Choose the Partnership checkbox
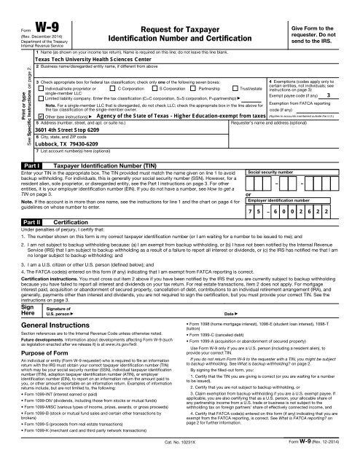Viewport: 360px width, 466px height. tap(196, 87)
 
